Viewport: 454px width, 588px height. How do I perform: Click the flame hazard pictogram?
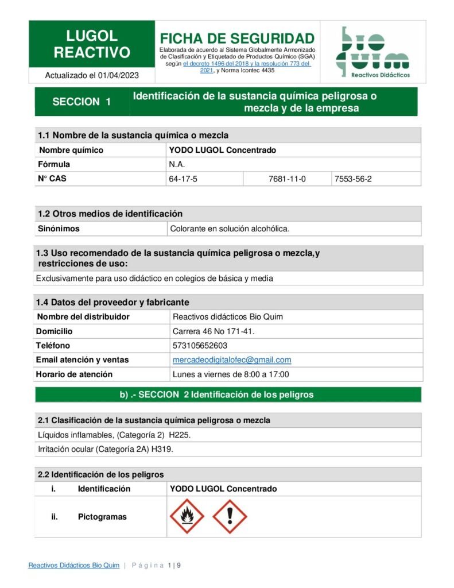pyautogui.click(x=187, y=516)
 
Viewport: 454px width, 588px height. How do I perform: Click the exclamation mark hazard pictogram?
pyautogui.click(x=230, y=516)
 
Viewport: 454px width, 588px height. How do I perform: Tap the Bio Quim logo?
pyautogui.click(x=372, y=52)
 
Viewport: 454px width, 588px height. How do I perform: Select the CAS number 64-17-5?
pyautogui.click(x=183, y=179)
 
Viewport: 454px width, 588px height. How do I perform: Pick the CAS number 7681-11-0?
pyautogui.click(x=287, y=179)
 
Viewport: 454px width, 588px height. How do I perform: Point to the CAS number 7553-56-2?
pyautogui.click(x=353, y=179)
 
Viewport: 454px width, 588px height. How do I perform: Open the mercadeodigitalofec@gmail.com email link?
pyautogui.click(x=232, y=360)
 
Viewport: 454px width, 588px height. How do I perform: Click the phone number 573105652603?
pyautogui.click(x=200, y=346)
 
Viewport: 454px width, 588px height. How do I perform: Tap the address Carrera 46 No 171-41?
pyautogui.click(x=214, y=331)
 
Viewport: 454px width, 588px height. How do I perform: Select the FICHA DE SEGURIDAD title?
pyautogui.click(x=237, y=38)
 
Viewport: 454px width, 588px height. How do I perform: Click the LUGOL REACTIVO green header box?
pyautogui.click(x=92, y=44)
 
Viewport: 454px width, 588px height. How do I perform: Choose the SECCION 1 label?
pyautogui.click(x=82, y=102)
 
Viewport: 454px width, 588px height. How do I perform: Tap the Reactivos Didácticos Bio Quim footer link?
pyautogui.click(x=74, y=566)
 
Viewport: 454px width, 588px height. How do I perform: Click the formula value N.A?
pyautogui.click(x=176, y=164)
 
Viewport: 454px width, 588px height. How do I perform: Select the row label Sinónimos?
pyautogui.click(x=59, y=229)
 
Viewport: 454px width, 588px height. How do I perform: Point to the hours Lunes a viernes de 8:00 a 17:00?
pyautogui.click(x=231, y=374)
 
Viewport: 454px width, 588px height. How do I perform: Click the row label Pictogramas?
pyautogui.click(x=102, y=516)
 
